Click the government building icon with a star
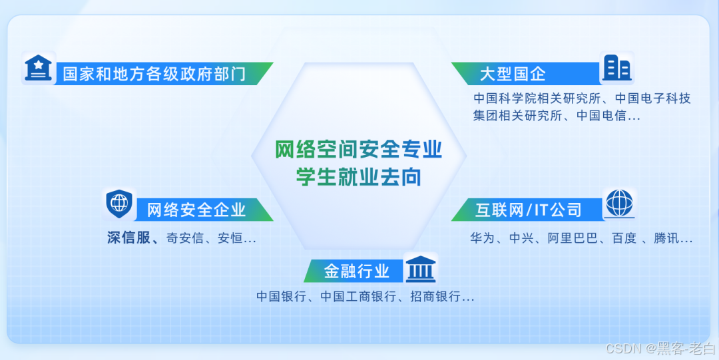pyautogui.click(x=39, y=67)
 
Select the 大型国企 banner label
pyautogui.click(x=512, y=73)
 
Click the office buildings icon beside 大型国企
pyautogui.click(x=616, y=68)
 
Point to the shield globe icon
pyautogui.click(x=119, y=203)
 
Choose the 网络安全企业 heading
pyautogui.click(x=196, y=210)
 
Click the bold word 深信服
pyautogui.click(x=129, y=238)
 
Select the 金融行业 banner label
pyautogui.click(x=357, y=271)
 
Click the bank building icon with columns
pyautogui.click(x=420, y=268)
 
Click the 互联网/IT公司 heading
pyautogui.click(x=528, y=210)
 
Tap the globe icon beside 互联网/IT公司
pyautogui.click(x=619, y=203)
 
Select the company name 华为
pyautogui.click(x=482, y=238)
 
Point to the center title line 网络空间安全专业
pyautogui.click(x=359, y=150)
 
